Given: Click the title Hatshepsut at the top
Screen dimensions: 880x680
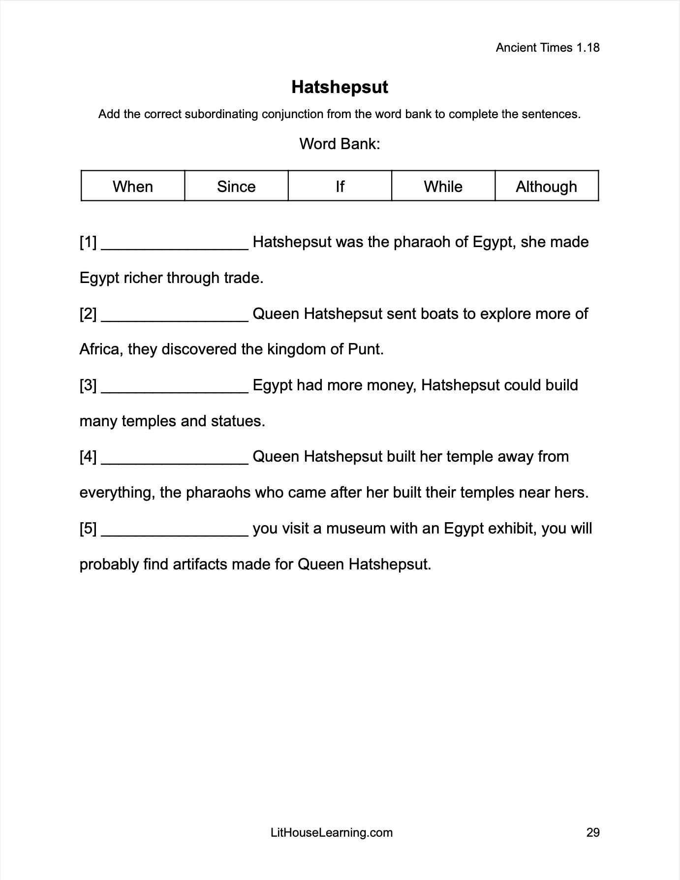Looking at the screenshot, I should pyautogui.click(x=340, y=87).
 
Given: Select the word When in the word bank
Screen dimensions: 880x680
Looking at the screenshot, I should pyautogui.click(x=133, y=187).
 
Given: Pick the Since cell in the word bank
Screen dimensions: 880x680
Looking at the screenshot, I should pyautogui.click(x=236, y=187).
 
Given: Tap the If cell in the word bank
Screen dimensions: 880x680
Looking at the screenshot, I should pyautogui.click(x=340, y=187).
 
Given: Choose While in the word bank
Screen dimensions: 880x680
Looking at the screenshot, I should pyautogui.click(x=443, y=187).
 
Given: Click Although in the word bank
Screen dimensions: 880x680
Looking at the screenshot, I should pyautogui.click(x=546, y=187).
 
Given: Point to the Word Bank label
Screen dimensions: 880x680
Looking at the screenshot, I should pyautogui.click(x=340, y=144).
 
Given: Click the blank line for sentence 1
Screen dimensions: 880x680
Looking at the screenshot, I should pyautogui.click(x=175, y=246).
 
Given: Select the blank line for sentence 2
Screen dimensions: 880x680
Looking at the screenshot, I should pyautogui.click(x=175, y=318).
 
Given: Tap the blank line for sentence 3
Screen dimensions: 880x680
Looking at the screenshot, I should pyautogui.click(x=175, y=389).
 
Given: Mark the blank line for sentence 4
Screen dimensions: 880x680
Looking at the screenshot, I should pyautogui.click(x=175, y=461).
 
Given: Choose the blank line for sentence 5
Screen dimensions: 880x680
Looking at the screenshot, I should pyautogui.click(x=175, y=533).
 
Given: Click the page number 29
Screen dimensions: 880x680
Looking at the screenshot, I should pyautogui.click(x=593, y=832).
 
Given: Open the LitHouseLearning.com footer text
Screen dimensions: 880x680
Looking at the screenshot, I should pyautogui.click(x=332, y=832).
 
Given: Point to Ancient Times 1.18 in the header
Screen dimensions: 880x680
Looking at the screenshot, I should pyautogui.click(x=548, y=48).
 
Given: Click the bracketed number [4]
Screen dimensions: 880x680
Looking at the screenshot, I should pyautogui.click(x=88, y=457).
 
